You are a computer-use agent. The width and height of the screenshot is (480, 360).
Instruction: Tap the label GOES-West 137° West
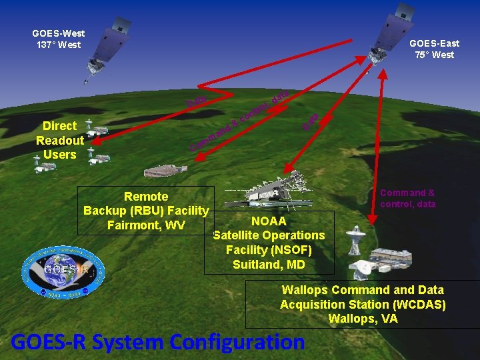tap(58, 39)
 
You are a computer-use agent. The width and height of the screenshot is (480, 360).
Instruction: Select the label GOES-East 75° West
tap(434, 49)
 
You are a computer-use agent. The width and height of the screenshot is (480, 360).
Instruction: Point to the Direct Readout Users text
tap(60, 140)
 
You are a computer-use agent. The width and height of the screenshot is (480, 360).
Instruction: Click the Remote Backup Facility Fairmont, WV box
tap(146, 211)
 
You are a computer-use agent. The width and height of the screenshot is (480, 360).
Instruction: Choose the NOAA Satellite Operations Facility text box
tap(269, 243)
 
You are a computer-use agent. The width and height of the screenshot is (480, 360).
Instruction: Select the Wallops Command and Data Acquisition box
tap(363, 304)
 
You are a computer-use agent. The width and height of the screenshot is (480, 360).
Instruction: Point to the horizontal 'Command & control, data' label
tap(407, 199)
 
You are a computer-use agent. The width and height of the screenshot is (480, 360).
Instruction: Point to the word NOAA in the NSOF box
tap(269, 221)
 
